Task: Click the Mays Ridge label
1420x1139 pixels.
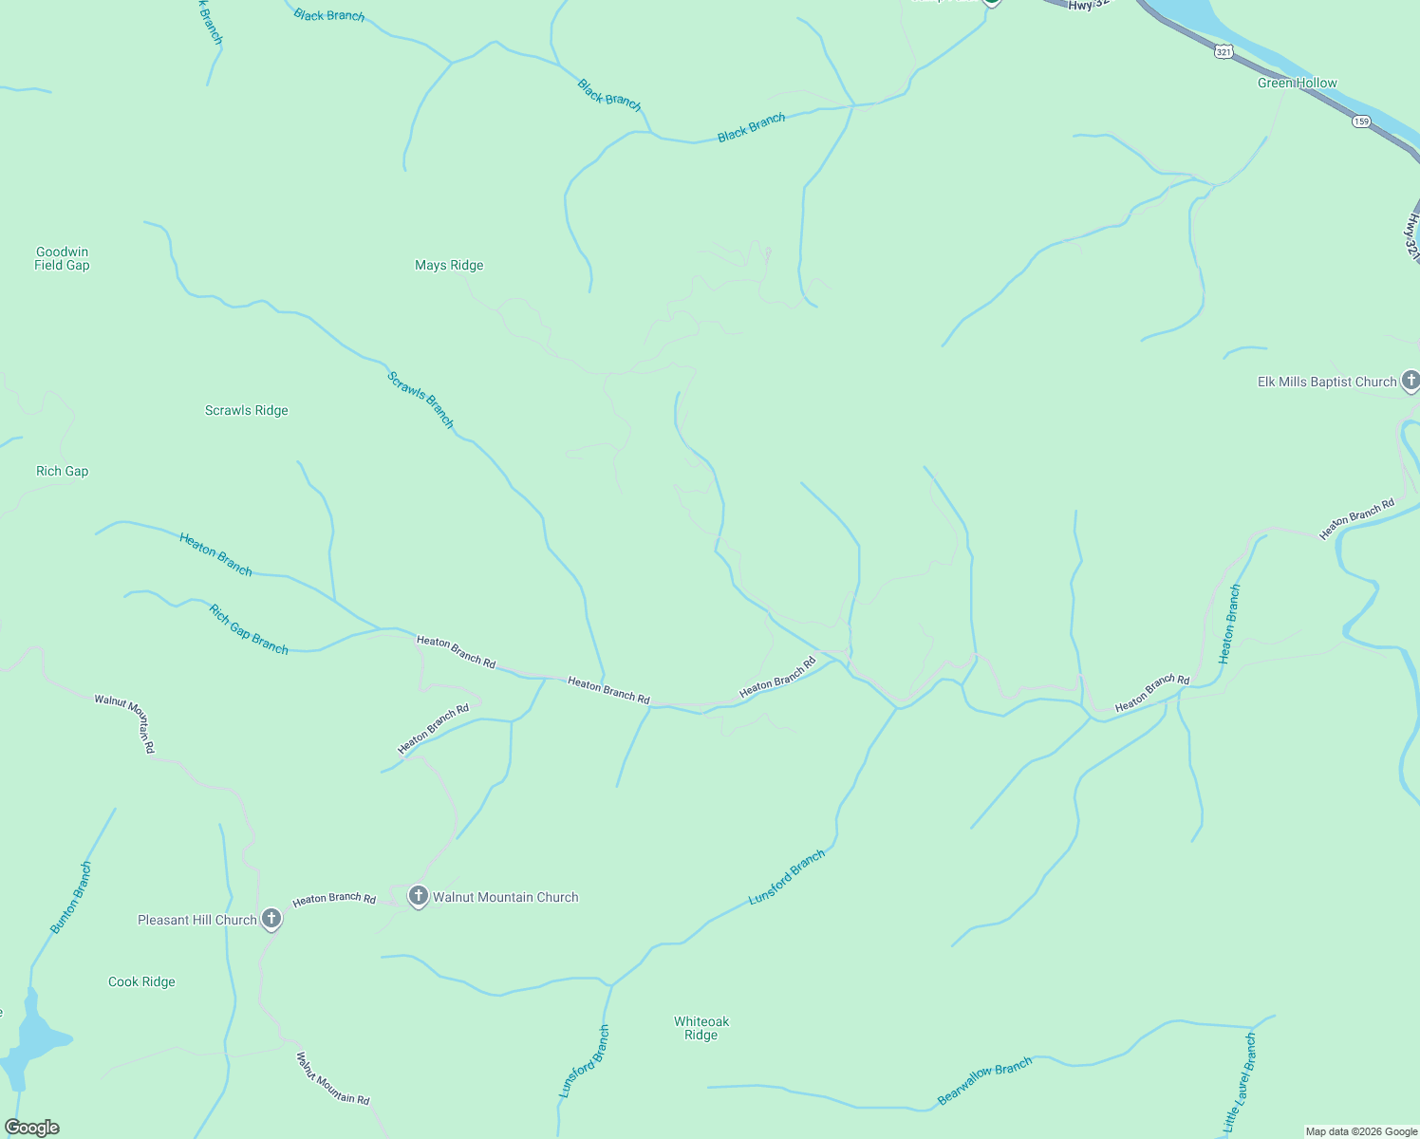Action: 449,266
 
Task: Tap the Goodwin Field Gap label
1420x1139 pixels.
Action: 62,258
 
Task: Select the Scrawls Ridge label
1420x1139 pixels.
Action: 246,411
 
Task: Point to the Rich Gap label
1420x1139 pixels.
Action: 62,472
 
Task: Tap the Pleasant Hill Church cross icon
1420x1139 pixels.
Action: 271,918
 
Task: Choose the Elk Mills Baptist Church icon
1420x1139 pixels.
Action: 1411,381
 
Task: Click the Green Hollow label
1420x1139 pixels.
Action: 1297,84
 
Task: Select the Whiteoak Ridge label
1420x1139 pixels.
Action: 701,1028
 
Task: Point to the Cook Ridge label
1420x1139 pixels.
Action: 141,982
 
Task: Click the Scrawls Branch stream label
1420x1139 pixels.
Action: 420,400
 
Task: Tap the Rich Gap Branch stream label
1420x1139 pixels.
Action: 249,629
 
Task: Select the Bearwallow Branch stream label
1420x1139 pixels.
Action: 984,1081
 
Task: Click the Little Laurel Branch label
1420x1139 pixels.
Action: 1240,1082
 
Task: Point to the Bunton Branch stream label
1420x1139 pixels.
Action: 71,898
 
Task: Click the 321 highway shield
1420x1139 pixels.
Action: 1224,52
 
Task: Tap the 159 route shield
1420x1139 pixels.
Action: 1362,121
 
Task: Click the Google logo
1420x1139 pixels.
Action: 32,1128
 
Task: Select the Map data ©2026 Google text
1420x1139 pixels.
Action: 1361,1131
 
